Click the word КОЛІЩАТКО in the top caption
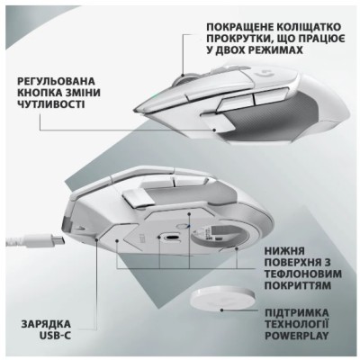[x=309, y=27]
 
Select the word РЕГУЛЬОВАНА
[x=56, y=81]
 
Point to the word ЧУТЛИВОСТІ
[x=50, y=104]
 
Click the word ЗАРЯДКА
[x=46, y=324]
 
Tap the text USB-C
[x=55, y=336]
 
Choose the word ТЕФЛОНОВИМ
[x=303, y=274]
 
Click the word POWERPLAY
[x=297, y=336]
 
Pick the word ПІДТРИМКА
[x=297, y=312]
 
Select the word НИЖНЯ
[x=284, y=250]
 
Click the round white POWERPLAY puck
[x=222, y=302]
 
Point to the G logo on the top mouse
[x=264, y=74]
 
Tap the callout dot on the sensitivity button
[x=214, y=130]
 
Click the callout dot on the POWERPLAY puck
[x=221, y=310]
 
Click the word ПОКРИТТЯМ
[x=298, y=285]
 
